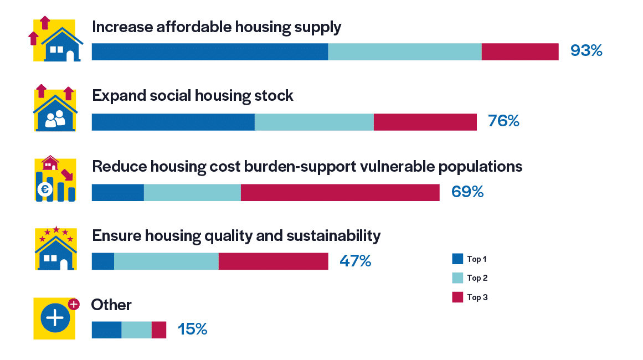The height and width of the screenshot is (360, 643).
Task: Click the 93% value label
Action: tap(586, 51)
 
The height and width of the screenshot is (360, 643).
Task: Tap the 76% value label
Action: tap(503, 121)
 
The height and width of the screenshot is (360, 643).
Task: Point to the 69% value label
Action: tap(467, 192)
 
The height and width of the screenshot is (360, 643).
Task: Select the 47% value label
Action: tap(355, 261)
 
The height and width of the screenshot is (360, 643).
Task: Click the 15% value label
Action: tap(192, 330)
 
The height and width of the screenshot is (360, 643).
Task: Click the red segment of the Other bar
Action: tap(158, 330)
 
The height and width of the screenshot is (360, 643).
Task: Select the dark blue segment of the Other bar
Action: tap(106, 330)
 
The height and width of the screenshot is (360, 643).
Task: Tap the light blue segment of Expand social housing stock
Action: tap(314, 122)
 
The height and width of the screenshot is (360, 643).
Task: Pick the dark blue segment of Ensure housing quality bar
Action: tap(102, 261)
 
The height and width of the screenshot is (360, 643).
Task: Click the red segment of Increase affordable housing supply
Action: tap(519, 52)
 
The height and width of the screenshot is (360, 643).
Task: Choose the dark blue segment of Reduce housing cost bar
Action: tap(117, 192)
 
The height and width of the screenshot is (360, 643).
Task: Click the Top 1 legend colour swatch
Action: tap(457, 259)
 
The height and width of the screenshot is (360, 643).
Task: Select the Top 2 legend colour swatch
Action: tap(457, 278)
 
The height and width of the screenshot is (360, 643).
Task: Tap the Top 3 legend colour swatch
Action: tap(457, 297)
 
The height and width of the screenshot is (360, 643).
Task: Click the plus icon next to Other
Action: tap(55, 318)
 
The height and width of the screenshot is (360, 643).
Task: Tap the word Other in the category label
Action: tap(111, 305)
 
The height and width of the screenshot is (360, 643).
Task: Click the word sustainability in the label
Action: tap(333, 236)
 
